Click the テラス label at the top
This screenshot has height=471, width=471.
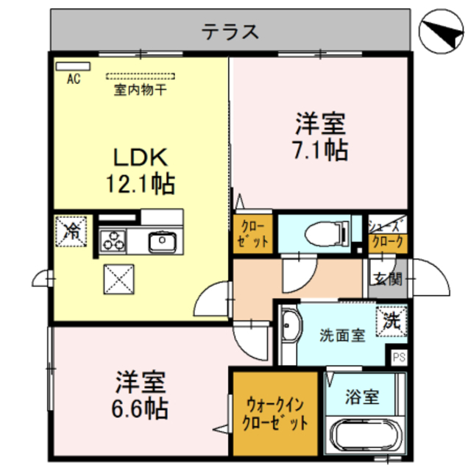click(230, 31)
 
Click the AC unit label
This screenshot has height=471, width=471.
click(74, 78)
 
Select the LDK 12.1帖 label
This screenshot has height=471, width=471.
click(141, 170)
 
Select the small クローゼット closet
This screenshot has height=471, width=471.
click(252, 233)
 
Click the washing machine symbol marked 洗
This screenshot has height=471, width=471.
click(391, 321)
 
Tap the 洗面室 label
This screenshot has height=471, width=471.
click(342, 335)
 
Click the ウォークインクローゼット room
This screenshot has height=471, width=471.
click(275, 414)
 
